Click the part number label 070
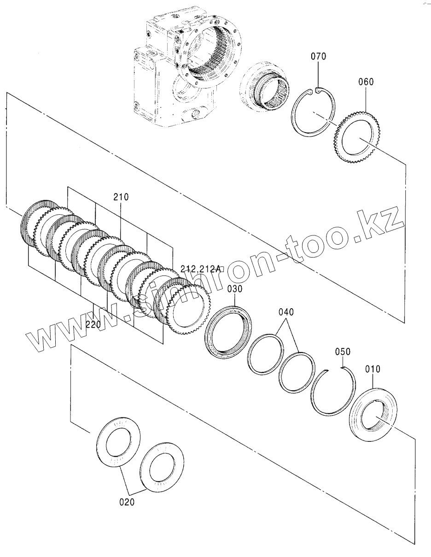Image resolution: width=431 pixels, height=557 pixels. click(x=318, y=57)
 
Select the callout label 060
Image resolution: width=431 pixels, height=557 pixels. click(x=366, y=82)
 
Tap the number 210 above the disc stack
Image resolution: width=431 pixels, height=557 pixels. click(x=121, y=197)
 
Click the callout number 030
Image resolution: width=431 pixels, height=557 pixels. click(x=234, y=288)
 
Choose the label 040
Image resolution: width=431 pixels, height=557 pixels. click(x=285, y=312)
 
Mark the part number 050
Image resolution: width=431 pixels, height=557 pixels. click(x=343, y=352)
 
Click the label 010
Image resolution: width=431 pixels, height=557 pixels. click(x=373, y=369)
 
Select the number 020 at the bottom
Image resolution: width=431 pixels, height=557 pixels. click(x=127, y=502)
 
